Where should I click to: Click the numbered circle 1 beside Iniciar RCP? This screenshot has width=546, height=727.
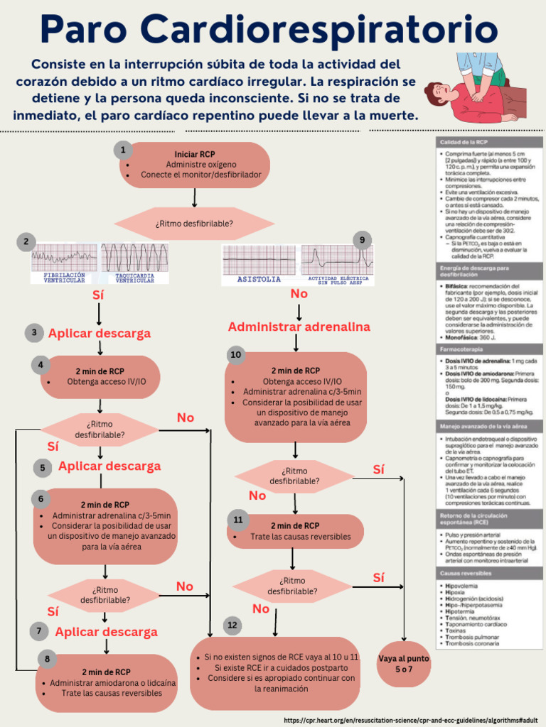point(123,150)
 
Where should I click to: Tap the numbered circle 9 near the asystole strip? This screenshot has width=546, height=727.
point(362,240)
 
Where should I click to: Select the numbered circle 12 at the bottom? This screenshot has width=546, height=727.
point(232,625)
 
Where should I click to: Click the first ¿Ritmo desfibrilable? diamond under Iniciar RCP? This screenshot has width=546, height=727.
point(194,224)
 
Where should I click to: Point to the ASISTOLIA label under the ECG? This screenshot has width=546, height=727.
point(259,280)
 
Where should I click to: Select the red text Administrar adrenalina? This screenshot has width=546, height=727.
point(299,327)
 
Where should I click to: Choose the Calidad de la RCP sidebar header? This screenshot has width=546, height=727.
point(490,143)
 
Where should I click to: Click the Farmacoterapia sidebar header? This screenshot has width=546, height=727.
point(490,350)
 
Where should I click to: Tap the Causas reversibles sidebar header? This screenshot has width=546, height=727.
point(490,572)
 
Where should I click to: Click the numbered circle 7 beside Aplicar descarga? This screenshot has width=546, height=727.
point(40,631)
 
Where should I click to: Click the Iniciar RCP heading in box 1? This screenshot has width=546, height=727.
point(194,154)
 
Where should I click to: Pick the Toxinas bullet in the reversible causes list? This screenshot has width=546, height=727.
point(456,630)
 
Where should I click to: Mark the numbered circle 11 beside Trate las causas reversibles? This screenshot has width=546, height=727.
point(237,520)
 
